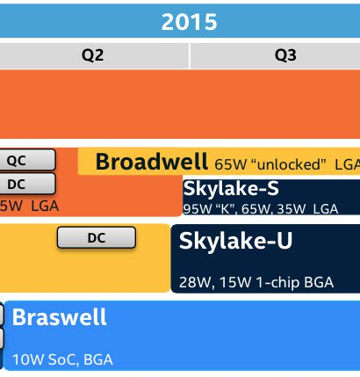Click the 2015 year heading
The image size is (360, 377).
click(189, 22)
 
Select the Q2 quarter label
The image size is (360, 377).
click(92, 55)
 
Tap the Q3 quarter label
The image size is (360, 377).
click(285, 55)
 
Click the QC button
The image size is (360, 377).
click(27, 160)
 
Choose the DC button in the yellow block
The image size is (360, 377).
click(97, 237)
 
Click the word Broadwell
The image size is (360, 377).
click(152, 162)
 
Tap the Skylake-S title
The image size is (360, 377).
click(231, 188)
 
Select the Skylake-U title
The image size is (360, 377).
click(235, 241)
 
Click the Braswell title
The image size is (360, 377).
click(59, 317)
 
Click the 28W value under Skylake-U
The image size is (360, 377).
click(195, 282)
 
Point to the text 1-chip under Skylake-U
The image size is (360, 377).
click(277, 283)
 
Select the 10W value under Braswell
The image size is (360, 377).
click(28, 359)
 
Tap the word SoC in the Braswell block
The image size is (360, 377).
click(62, 360)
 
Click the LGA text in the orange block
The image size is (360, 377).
click(45, 207)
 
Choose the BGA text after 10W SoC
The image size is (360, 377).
click(98, 359)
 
